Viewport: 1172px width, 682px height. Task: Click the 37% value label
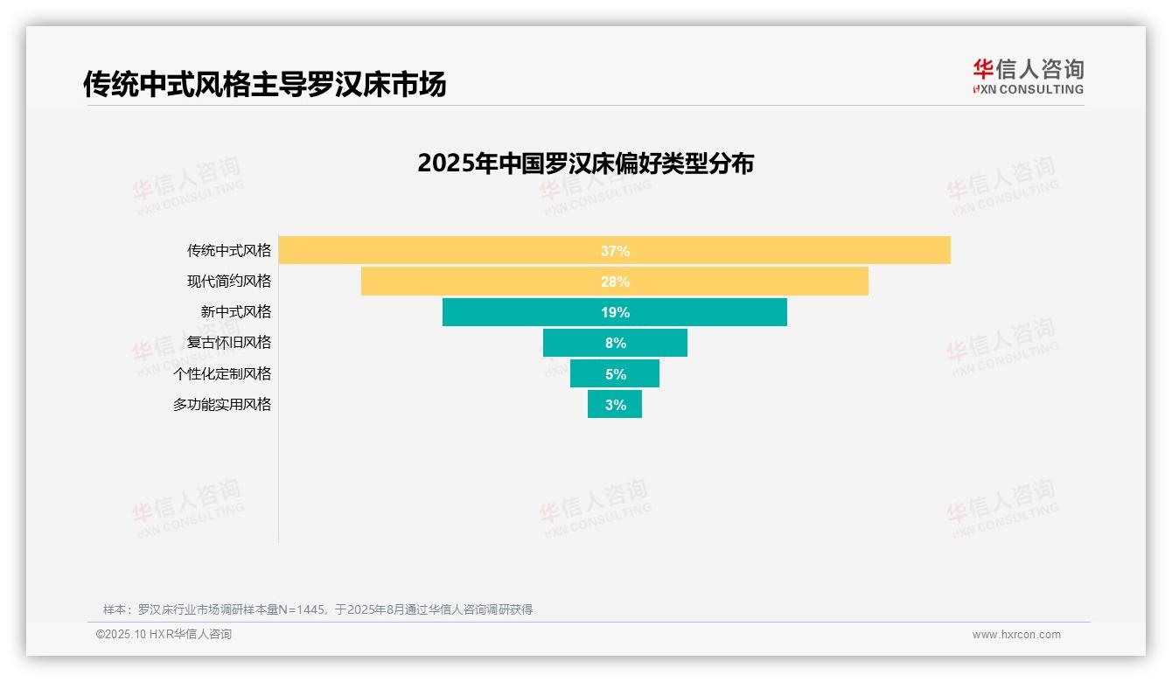[x=615, y=251]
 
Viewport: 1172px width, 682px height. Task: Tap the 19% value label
[x=615, y=312]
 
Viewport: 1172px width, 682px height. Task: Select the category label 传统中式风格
[x=229, y=250]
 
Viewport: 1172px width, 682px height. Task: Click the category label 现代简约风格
[x=229, y=282]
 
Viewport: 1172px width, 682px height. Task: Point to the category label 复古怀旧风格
[x=229, y=343]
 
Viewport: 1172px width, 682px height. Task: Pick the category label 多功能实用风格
[x=222, y=404]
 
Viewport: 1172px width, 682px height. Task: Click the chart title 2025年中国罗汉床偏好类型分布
[x=585, y=164]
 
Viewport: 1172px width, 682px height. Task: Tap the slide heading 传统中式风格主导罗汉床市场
[x=264, y=84]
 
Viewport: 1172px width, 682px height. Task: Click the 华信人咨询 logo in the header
[x=1028, y=76]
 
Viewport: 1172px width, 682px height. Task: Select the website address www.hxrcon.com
[x=1016, y=635]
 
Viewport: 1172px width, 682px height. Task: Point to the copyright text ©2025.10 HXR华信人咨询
[x=164, y=635]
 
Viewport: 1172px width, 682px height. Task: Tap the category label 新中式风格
[x=236, y=312]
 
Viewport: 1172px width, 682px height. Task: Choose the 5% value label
[x=615, y=373]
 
